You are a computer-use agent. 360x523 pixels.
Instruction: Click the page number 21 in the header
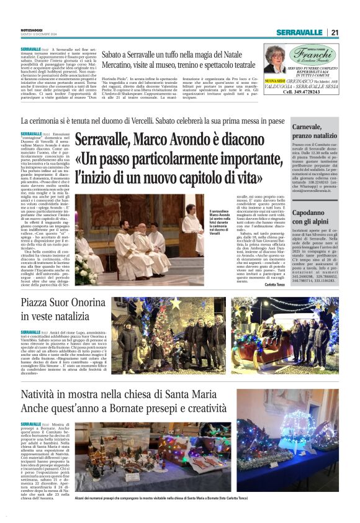click(x=335, y=32)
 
